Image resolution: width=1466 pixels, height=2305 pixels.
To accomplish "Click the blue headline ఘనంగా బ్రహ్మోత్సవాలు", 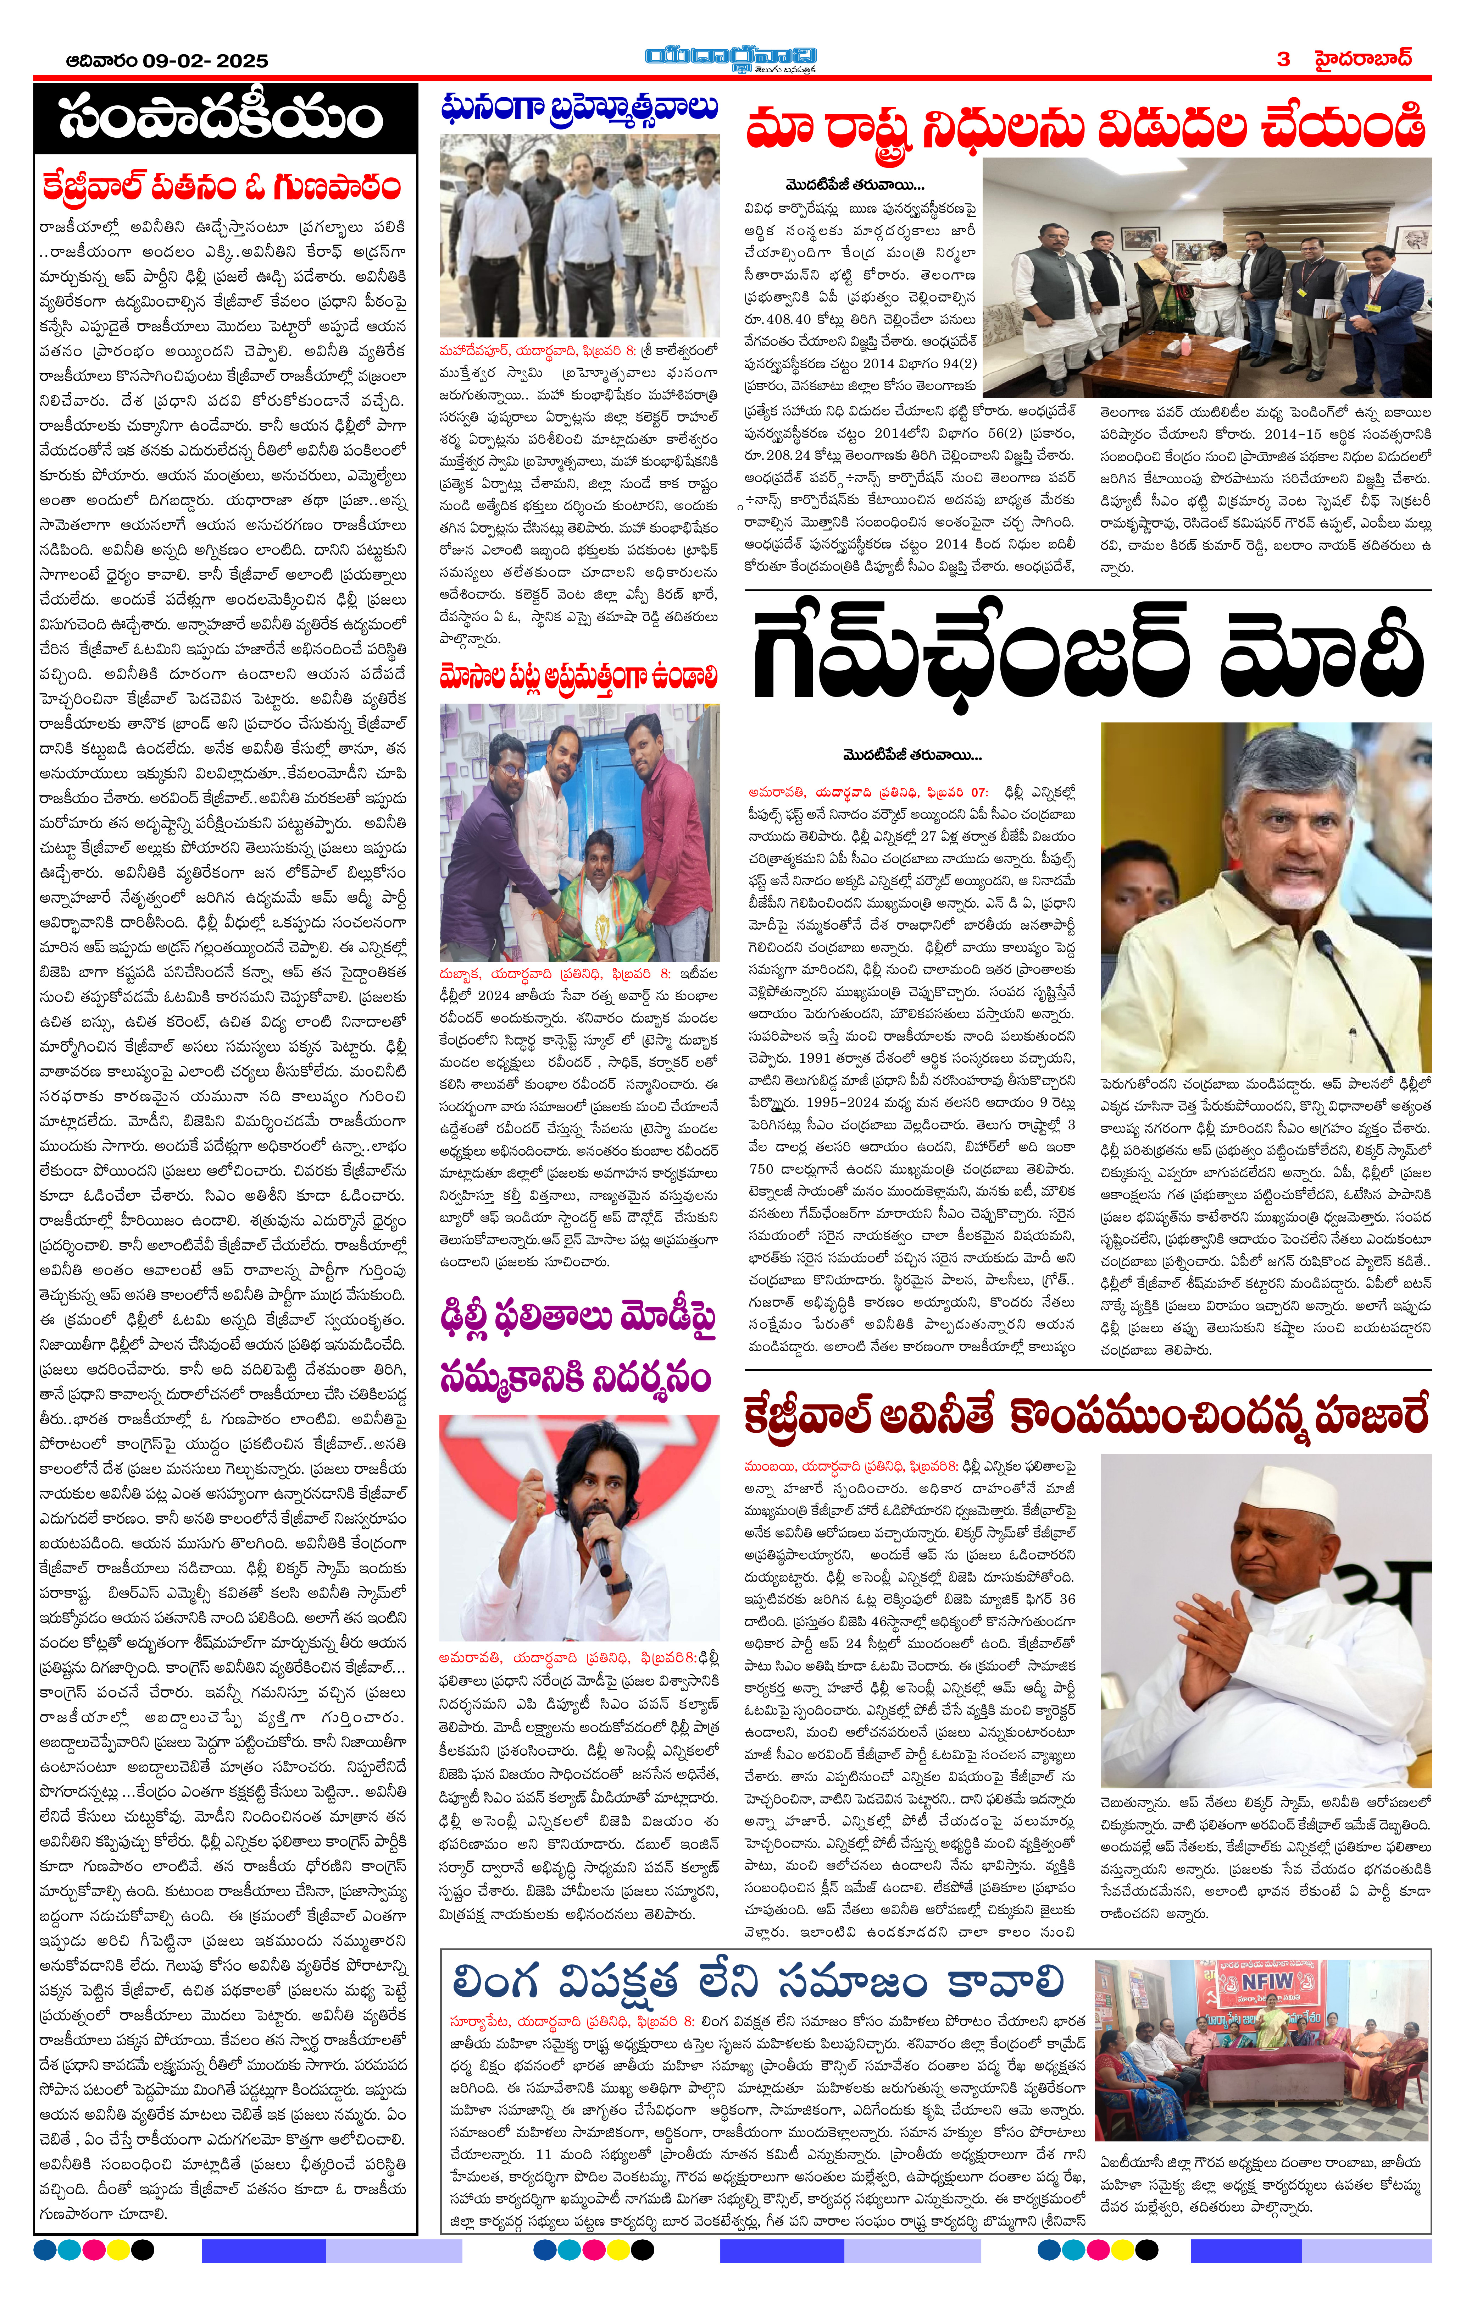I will pos(579,107).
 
